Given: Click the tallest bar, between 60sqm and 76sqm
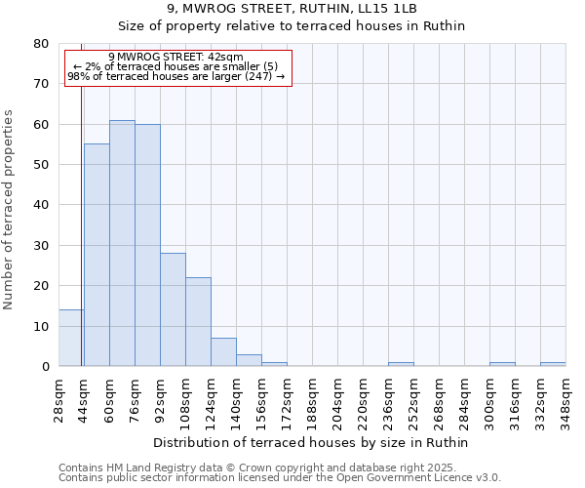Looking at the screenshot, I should point(122,243).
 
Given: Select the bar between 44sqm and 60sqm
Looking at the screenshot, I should point(97,255).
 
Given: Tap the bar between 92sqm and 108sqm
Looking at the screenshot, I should point(173,309).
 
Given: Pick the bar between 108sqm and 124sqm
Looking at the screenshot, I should point(198,322).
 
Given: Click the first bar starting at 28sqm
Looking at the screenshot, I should point(71,338).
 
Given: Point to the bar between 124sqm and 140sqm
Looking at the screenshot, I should point(223,352).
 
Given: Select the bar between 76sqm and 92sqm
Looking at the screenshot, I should point(147,245).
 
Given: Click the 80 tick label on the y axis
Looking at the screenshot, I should point(41,44).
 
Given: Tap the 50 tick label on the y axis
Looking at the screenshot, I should point(41,165).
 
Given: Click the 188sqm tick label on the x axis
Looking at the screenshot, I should point(312,398).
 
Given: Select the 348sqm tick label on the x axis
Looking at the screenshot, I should point(565,398).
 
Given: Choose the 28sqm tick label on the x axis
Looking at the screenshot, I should point(58,398).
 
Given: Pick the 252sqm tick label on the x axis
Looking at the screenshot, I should point(413,398).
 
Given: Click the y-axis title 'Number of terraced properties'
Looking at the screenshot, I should point(9,209).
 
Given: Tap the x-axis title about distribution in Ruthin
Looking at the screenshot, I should point(312,442).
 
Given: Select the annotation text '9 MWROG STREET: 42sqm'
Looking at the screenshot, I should point(175,58).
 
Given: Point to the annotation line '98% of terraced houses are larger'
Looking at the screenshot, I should point(175,76).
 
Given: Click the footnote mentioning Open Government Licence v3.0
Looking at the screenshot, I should point(280,478).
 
